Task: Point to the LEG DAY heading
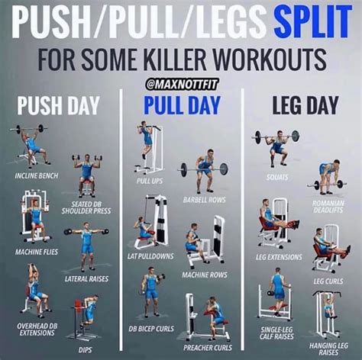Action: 300,105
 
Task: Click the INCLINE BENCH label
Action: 37,175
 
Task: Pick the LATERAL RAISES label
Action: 86,279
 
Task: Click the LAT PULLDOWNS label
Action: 147,256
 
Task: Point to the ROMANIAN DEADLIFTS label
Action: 328,207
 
